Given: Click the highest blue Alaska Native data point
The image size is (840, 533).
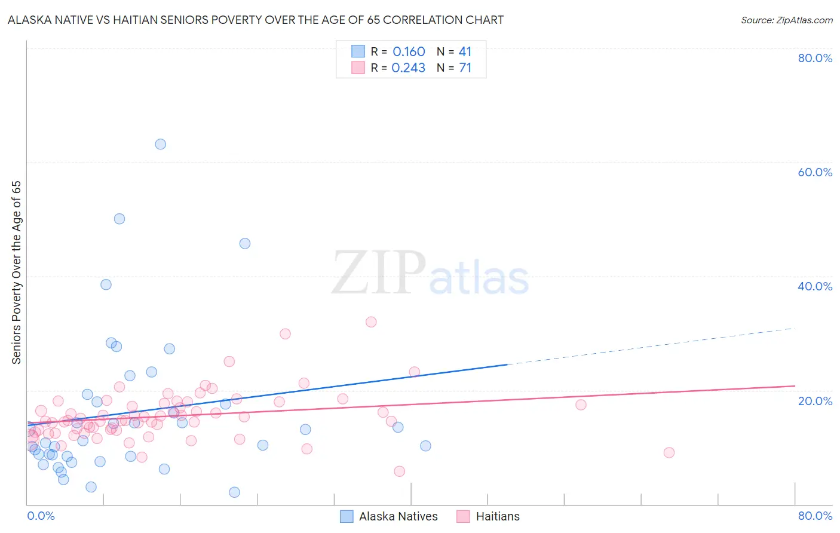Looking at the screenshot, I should click(160, 144).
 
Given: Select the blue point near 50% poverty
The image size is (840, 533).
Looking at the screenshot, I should click(119, 219).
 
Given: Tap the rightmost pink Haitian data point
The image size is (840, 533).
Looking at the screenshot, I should click(669, 452).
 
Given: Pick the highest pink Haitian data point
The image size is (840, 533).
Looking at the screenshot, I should click(371, 321).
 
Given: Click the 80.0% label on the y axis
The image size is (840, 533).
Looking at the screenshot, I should click(815, 58).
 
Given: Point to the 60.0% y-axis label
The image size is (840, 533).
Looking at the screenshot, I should click(815, 172).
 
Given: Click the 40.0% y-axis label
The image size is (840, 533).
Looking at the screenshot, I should click(815, 286).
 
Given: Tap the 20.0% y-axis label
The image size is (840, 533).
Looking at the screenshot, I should click(815, 400).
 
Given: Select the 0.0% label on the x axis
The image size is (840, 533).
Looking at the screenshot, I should click(41, 516).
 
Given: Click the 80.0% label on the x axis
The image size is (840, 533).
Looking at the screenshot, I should click(815, 516).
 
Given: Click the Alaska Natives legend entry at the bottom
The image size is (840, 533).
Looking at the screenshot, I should click(398, 516).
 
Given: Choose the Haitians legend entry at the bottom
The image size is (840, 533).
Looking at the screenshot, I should click(498, 516).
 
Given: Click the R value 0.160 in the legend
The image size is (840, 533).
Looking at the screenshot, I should click(409, 52).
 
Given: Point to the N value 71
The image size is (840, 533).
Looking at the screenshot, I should click(465, 68).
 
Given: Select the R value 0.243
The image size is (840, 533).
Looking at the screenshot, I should click(409, 68).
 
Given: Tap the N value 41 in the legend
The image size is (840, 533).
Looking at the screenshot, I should click(465, 52).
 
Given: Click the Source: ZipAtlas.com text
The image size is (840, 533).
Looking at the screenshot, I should click(786, 20).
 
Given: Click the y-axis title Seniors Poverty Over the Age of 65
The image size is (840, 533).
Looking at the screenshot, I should click(17, 272).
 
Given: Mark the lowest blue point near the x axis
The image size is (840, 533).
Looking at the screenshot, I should click(234, 492).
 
